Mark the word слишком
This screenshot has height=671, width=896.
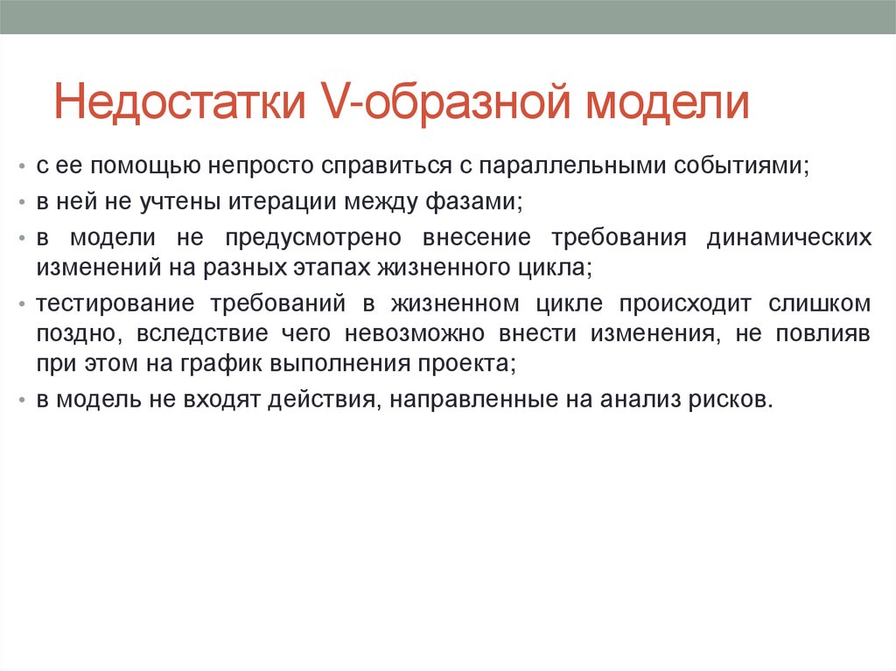[x=819, y=304]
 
